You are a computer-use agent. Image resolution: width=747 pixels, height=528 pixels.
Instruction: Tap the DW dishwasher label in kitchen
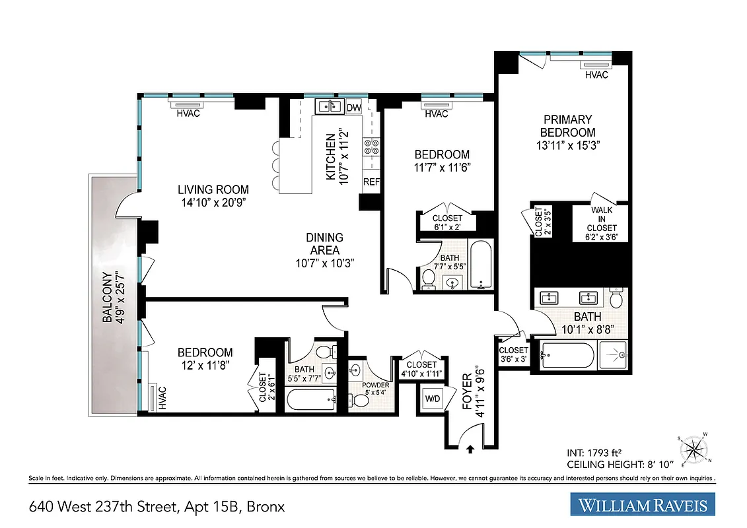tap(353, 108)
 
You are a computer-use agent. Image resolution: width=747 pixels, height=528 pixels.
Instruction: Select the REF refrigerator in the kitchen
tap(371, 181)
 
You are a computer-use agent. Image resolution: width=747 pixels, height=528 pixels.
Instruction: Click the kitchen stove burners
tap(371, 146)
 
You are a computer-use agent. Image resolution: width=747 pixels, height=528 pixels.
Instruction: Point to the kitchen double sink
tap(328, 106)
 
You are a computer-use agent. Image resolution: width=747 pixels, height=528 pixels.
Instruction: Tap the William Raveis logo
tap(643, 506)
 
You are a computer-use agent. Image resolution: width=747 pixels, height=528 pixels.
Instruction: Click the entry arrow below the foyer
tap(470, 449)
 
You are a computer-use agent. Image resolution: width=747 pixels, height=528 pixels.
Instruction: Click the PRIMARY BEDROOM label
tap(567, 126)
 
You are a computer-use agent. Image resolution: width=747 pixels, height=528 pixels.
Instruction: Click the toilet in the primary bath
tap(616, 298)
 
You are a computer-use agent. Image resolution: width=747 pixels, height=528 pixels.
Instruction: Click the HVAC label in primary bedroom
tap(596, 75)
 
